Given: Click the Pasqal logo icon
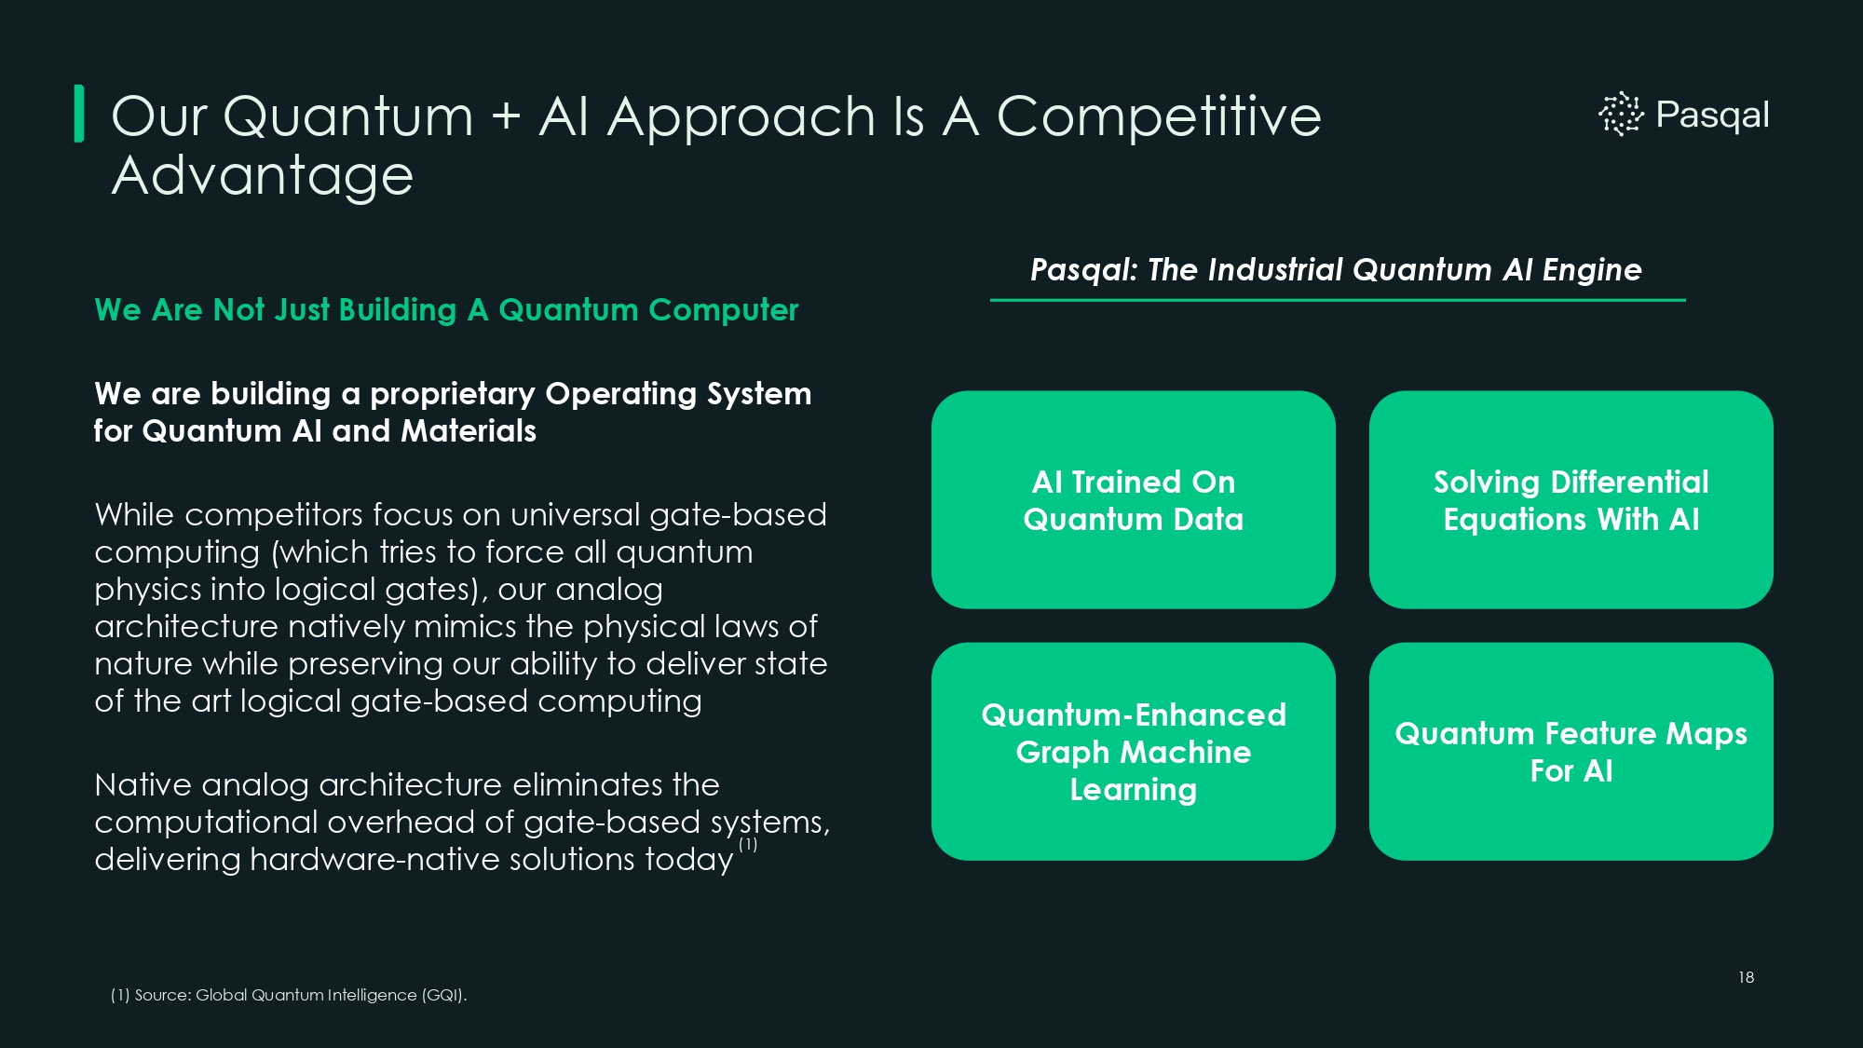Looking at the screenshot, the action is pos(1621,114).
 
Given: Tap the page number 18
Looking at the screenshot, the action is pos(1746,977).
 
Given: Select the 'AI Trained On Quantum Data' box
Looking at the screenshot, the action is pos(1134,500).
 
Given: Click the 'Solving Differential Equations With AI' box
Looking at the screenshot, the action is pos(1571,500).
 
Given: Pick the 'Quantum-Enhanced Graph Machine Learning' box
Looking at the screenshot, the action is pos(1134,752).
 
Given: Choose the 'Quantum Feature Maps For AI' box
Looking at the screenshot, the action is pos(1571,752).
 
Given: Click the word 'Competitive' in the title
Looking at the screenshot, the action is pos(1159,117).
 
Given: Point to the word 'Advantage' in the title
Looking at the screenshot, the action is pos(263,177).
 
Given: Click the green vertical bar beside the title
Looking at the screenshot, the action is pos(79,114).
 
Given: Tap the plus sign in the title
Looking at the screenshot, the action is pos(506,118).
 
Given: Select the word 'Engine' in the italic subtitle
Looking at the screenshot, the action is pos(1592,270).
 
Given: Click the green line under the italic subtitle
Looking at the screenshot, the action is pos(1338,300).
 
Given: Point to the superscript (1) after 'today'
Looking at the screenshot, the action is pos(748,845).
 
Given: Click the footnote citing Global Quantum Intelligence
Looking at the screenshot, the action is pos(289,995).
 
